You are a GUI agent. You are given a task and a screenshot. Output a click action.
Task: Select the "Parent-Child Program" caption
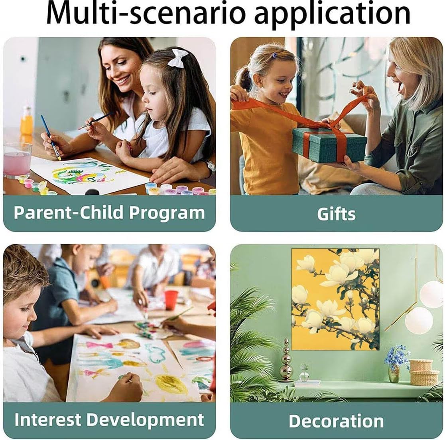tap(109, 212)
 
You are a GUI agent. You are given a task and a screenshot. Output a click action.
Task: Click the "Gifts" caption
tap(336, 214)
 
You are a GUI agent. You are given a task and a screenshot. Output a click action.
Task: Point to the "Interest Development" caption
tap(109, 420)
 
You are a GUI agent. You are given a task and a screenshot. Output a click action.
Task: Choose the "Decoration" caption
tap(336, 421)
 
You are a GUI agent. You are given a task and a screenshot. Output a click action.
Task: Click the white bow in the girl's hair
tap(177, 57)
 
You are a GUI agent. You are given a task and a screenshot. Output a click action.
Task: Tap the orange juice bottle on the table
tap(27, 121)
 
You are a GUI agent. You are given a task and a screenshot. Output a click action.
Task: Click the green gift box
tap(329, 145)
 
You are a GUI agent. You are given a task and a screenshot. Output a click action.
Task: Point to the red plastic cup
tap(171, 300)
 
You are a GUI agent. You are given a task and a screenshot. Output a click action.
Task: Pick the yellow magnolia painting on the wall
tap(335, 299)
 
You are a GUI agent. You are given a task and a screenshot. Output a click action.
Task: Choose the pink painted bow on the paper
tap(99, 345)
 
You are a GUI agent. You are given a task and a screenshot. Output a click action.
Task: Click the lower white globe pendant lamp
tap(419, 320)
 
